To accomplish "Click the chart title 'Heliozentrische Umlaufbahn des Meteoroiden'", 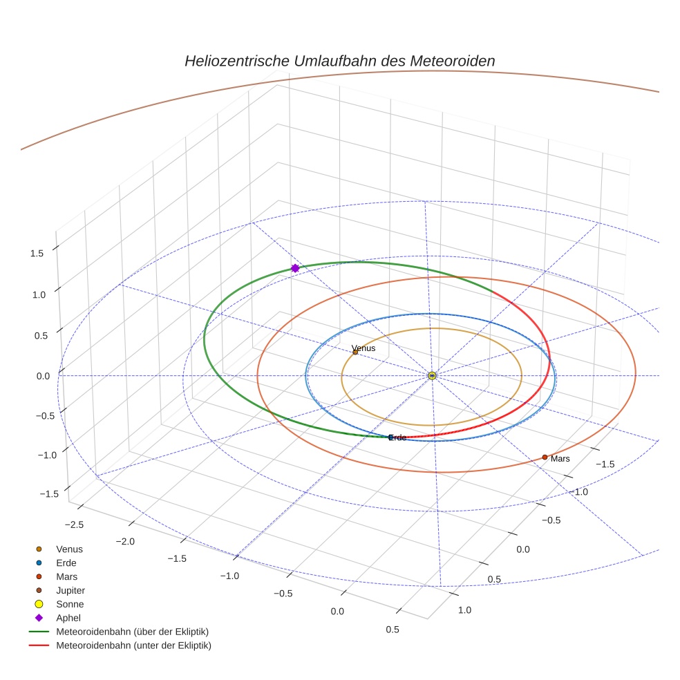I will (x=339, y=61).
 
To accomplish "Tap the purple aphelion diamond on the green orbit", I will (x=295, y=268).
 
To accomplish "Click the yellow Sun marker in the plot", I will (x=432, y=375).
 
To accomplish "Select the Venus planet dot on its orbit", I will (x=355, y=352).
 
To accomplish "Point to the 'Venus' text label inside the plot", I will (x=363, y=348).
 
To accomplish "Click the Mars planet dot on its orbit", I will (x=545, y=457).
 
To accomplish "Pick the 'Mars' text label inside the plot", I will (x=560, y=459).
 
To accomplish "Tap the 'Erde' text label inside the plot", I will (x=397, y=437).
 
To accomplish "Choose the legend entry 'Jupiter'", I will (x=70, y=590).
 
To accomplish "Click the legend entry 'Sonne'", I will (x=70, y=604).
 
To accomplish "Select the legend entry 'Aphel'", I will (x=68, y=618).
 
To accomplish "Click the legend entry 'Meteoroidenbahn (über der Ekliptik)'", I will (x=132, y=632).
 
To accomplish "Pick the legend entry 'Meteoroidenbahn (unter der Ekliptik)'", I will (x=133, y=645).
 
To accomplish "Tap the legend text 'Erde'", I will (x=66, y=563).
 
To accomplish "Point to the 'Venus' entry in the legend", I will (x=69, y=549).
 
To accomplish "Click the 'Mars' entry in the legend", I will (x=67, y=576).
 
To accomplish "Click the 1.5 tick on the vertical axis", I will (x=37, y=254).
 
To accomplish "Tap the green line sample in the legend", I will (x=39, y=632).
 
